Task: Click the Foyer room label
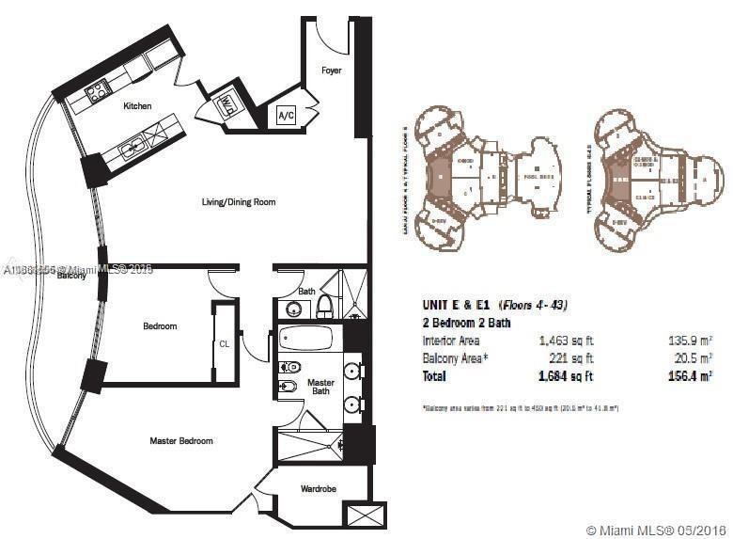coord(331,71)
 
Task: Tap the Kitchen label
coord(137,106)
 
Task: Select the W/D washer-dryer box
coord(227,106)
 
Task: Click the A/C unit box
coord(286,116)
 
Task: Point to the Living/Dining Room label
coord(238,202)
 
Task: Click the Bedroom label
coord(160,326)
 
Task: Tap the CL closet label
coord(224,343)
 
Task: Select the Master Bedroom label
coord(181,440)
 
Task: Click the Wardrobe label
coord(319,488)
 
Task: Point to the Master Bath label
coord(321,387)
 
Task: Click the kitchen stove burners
coord(95,92)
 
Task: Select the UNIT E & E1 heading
coord(458,305)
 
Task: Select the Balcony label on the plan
coord(71,276)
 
